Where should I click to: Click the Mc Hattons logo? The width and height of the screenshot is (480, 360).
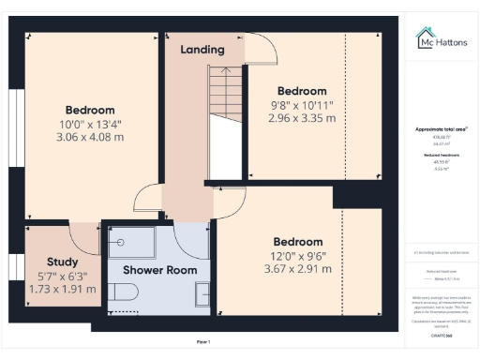pos(441,37)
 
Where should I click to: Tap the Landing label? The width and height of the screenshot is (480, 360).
pos(202,50)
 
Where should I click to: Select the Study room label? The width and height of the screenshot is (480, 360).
pos(63,262)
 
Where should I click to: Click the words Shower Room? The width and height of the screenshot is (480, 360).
pos(160,270)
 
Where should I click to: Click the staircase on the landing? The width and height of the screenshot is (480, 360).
pos(224,112)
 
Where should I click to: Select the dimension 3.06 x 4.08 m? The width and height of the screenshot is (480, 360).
pos(90,137)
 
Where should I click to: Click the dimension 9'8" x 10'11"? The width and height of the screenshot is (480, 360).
pos(301,106)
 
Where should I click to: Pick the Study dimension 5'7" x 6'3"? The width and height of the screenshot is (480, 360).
pos(62,276)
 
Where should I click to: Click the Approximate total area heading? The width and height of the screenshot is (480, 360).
pos(441,128)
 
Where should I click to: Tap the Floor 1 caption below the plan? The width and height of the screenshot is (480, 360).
pos(203,342)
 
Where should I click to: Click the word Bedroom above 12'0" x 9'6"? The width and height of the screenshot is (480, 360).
pos(298,241)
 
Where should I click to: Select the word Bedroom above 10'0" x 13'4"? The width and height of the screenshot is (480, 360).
pos(89,110)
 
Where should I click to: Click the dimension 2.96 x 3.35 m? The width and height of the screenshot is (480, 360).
pos(301,119)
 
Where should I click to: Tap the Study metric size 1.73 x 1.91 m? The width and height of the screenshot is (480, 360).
pos(62,289)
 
